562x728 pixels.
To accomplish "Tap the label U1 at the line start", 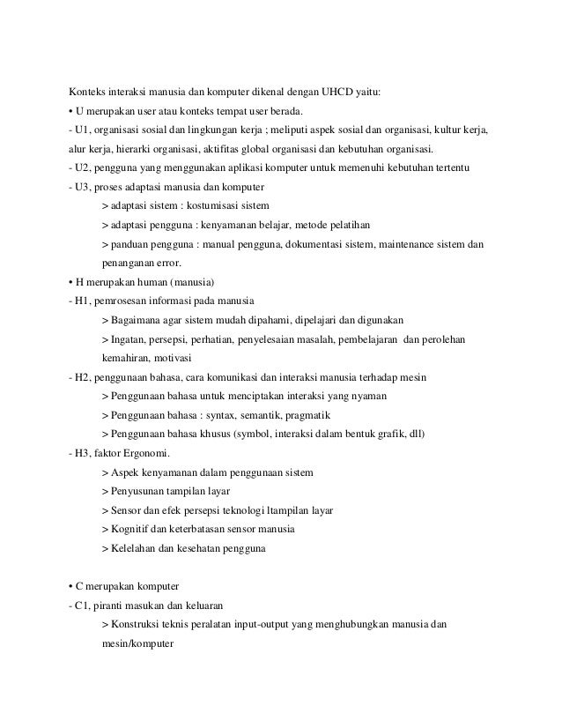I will point(83,130).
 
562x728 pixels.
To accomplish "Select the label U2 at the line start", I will point(83,167).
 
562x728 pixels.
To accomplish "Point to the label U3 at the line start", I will point(83,187).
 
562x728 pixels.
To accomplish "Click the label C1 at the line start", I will point(83,605).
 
